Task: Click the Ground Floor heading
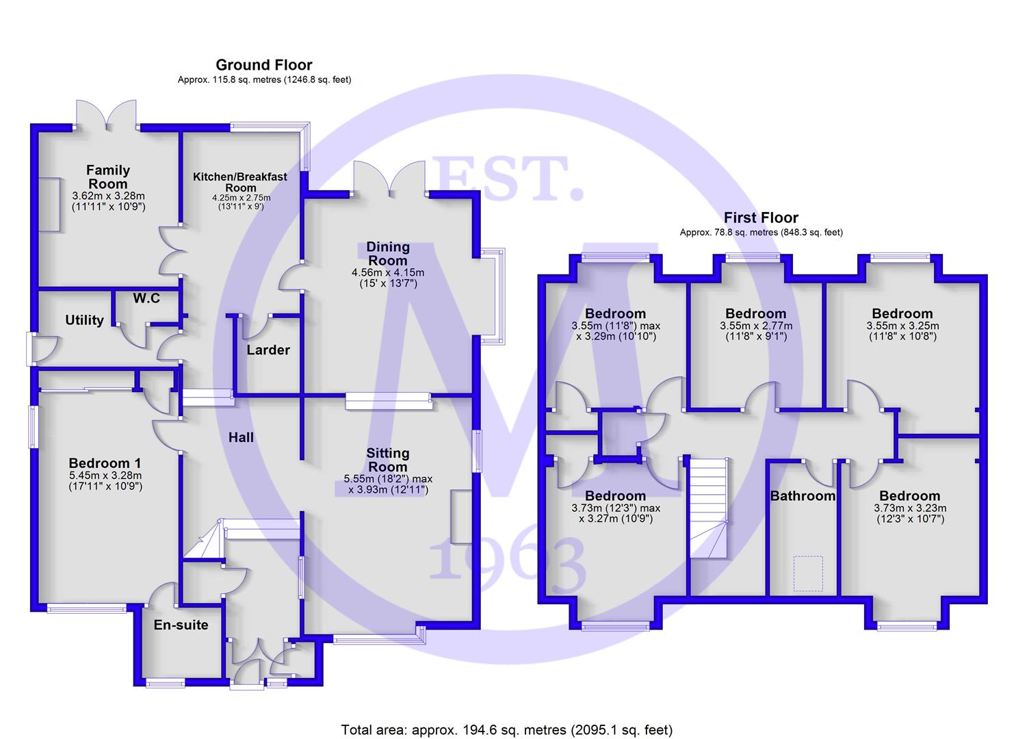pos(264,65)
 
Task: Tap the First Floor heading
pos(761,218)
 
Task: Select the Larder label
pos(268,350)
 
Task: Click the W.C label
pos(146,298)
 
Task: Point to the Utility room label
pos(84,320)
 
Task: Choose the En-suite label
pos(181,625)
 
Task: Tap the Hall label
pos(241,437)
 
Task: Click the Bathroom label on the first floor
pos(803,496)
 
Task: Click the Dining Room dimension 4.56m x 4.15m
pos(388,272)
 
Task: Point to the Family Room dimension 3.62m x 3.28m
pos(108,196)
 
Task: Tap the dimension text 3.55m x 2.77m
pos(756,326)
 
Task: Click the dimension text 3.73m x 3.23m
pos(910,508)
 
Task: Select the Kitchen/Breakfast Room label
pos(240,182)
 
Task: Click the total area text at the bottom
pos(507,729)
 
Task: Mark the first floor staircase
pos(708,506)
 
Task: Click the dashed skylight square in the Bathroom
pos(808,573)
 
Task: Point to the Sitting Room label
pos(388,460)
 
